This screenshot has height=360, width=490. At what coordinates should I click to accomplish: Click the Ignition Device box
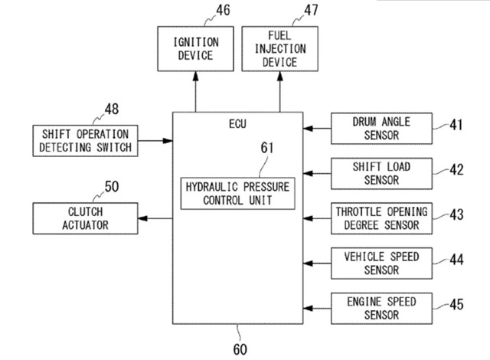coord(195,49)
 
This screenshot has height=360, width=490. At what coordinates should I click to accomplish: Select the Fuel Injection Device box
coord(279,49)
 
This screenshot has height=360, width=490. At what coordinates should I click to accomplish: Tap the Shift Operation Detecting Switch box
coord(85,141)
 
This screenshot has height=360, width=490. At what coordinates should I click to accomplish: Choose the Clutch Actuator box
coord(85,218)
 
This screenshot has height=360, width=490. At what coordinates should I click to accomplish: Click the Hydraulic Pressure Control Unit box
coord(237,194)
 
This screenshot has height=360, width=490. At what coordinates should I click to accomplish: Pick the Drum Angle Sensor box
coord(381,129)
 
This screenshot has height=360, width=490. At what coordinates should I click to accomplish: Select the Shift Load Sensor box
coord(381,173)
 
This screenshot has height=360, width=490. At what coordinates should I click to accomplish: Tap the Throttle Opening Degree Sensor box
coord(381,218)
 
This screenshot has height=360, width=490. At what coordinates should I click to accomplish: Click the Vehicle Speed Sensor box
coord(381,263)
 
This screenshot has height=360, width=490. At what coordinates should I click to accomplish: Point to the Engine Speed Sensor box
coord(381,309)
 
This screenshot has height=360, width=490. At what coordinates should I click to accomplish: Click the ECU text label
coord(237,124)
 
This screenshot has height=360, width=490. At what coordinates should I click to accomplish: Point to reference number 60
coord(240,349)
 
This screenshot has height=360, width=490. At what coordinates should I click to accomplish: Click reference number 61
coord(267,148)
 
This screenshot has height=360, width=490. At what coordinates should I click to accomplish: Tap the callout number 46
coord(223,10)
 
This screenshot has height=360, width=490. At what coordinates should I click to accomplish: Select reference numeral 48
coord(112,109)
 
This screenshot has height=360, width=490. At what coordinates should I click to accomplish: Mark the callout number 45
coord(456,305)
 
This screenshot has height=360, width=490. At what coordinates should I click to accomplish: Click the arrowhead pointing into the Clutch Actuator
coord(142,218)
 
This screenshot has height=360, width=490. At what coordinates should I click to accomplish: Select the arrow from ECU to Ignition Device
coord(196,92)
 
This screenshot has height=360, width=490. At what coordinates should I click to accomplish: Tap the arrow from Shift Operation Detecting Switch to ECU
coord(155,141)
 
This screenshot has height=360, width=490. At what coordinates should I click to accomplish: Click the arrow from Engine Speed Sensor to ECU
coord(317,309)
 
